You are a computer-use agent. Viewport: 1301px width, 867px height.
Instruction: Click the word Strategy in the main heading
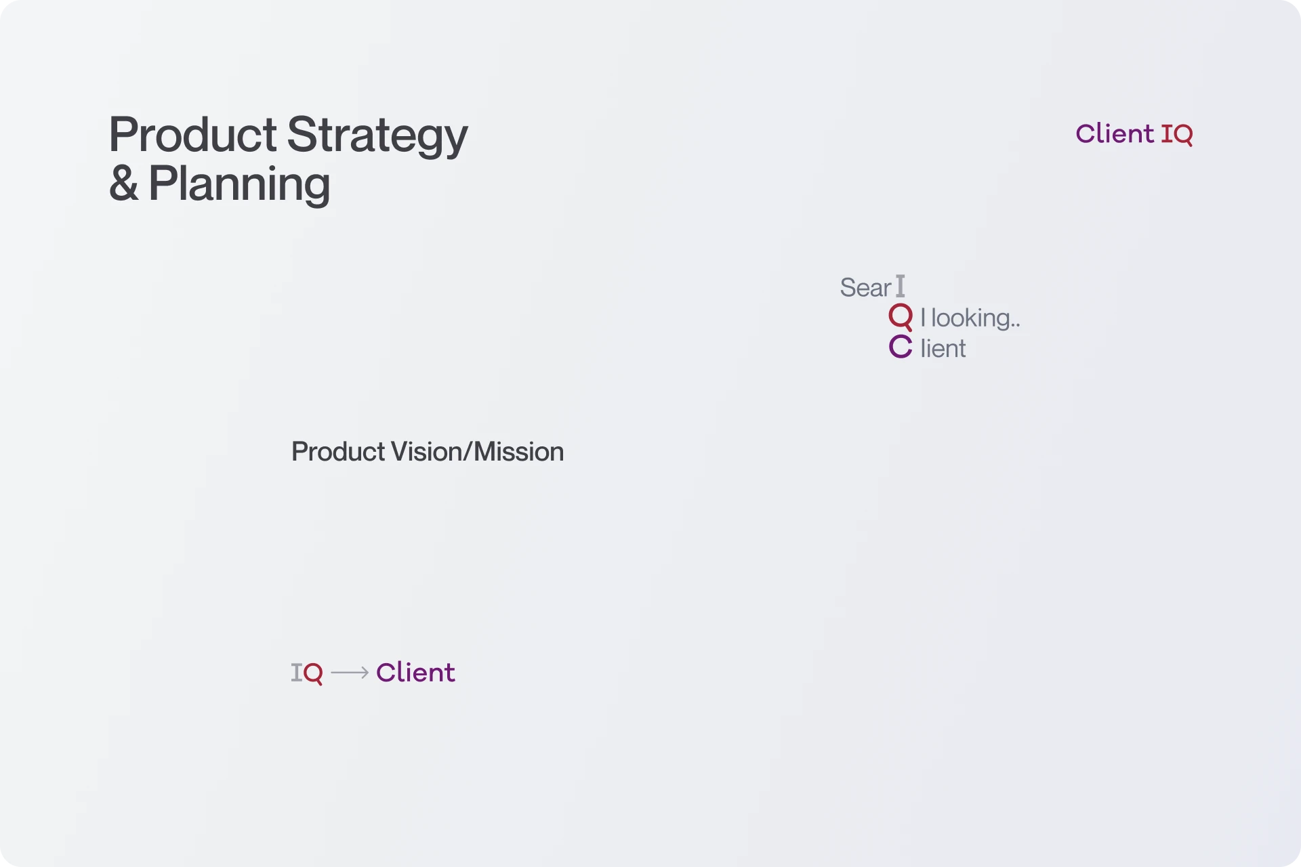click(377, 135)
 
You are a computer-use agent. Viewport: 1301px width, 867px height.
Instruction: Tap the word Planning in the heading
click(239, 184)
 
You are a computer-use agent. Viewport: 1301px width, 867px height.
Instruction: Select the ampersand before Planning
click(123, 184)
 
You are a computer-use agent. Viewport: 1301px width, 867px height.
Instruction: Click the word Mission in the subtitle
click(518, 452)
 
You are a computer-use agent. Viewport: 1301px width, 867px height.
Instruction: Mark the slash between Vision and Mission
click(468, 452)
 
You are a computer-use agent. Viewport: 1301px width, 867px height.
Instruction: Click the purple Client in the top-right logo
click(1114, 133)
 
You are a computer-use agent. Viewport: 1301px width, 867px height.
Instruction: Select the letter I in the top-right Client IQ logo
click(1167, 134)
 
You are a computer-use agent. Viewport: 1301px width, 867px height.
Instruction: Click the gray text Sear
click(865, 288)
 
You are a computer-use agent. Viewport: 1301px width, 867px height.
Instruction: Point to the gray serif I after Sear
click(900, 287)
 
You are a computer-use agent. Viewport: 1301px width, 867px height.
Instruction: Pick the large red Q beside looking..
click(901, 316)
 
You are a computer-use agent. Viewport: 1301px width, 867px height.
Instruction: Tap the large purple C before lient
click(901, 347)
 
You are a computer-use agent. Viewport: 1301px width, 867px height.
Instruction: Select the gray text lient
click(943, 349)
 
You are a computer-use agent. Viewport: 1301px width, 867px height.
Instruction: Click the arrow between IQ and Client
click(350, 673)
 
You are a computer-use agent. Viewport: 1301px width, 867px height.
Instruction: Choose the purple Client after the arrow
click(415, 673)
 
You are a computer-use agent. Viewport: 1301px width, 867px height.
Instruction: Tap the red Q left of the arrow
click(313, 673)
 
